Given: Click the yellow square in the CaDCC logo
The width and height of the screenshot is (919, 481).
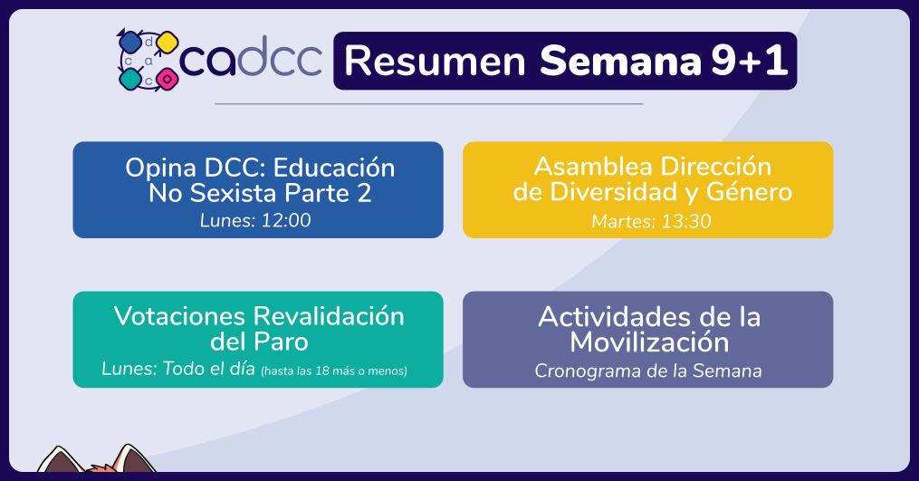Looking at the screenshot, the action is tap(167, 43).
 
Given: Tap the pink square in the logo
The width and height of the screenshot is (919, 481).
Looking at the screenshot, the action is tap(167, 79).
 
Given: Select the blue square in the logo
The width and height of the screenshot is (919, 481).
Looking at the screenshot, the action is tap(129, 42).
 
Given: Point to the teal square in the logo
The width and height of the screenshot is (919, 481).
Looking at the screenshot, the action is tap(130, 79).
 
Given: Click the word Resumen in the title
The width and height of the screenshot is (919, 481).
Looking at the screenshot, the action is tap(435, 61).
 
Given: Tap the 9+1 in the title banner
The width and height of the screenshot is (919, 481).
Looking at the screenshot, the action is tap(750, 61).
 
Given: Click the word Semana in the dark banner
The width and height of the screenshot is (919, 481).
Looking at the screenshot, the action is tap(620, 61).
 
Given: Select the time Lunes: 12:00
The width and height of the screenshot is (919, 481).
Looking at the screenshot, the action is tap(255, 220).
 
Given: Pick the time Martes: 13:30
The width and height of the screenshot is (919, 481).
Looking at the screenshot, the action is tap(651, 221).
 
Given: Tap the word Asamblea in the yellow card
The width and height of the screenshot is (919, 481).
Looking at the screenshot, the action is tap(592, 167).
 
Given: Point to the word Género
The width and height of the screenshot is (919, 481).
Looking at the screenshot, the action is tap(749, 192).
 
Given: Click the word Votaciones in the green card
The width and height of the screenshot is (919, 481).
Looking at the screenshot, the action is tap(178, 316).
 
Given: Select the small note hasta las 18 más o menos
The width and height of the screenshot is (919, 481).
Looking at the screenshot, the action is tap(334, 370).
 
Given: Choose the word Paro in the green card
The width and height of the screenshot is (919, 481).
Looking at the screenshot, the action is tap(282, 342).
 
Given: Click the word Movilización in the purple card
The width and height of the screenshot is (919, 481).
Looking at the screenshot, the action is tap(649, 342).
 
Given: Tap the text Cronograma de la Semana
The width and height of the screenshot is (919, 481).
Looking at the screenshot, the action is tap(648, 370).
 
